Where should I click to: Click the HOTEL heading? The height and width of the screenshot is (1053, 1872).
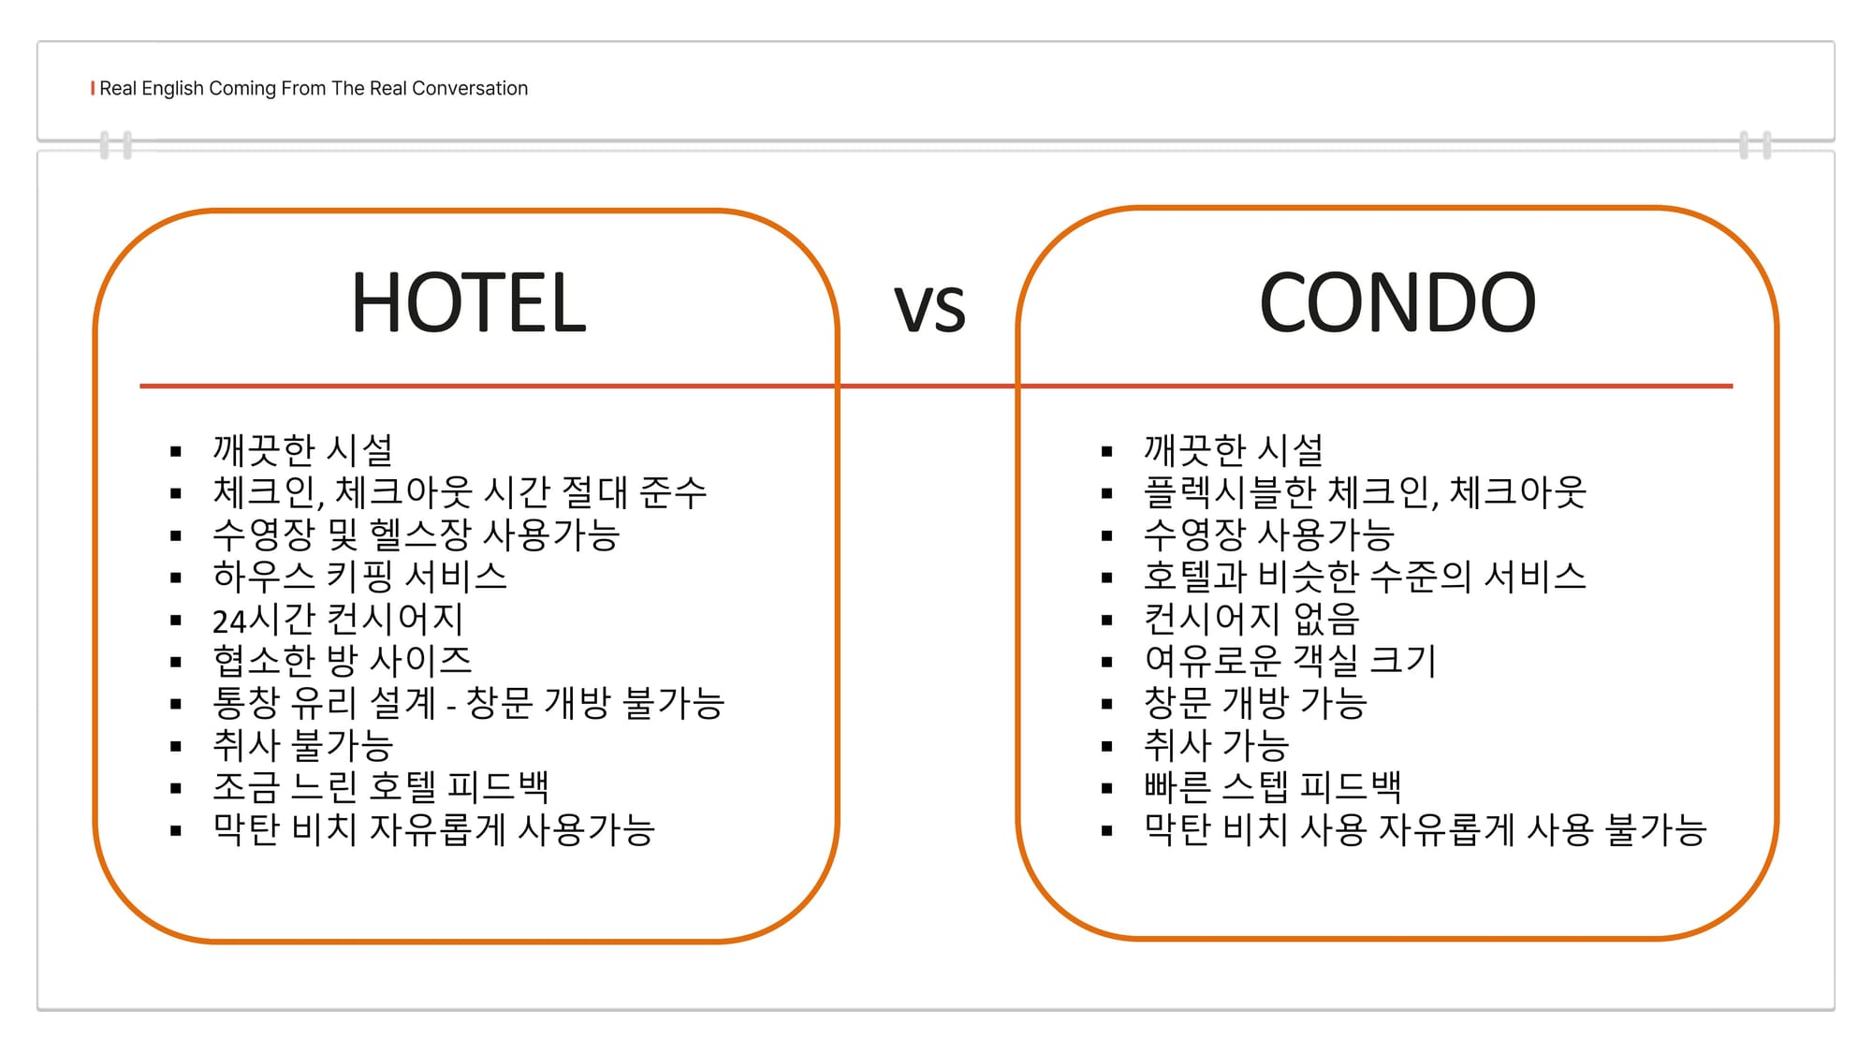[x=468, y=302]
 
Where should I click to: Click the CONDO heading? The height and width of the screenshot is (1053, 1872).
[x=1397, y=302]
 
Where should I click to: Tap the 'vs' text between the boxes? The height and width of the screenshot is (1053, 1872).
[x=929, y=308]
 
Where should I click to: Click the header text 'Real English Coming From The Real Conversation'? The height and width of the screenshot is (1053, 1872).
[x=314, y=88]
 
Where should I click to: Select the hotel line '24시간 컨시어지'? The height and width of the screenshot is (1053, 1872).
[x=338, y=619]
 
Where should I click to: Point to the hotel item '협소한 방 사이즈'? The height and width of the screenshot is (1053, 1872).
[x=343, y=661]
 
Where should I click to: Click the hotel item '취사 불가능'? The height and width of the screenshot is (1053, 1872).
[x=302, y=745]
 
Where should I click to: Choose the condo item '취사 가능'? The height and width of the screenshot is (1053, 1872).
[x=1217, y=745]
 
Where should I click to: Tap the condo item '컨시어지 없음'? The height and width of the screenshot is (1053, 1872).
[x=1251, y=619]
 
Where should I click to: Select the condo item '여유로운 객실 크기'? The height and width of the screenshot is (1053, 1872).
[x=1290, y=661]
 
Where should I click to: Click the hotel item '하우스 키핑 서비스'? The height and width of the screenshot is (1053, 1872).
[x=360, y=577]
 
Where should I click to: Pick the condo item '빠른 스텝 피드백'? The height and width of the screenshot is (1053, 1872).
[x=1273, y=787]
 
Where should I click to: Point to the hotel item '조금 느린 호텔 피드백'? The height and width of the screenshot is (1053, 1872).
[x=381, y=787]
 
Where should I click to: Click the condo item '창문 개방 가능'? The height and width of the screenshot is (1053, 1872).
[x=1255, y=703]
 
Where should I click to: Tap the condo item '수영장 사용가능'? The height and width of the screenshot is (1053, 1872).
[x=1269, y=534]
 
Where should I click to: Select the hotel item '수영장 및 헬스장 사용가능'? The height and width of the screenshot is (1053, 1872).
[x=417, y=534]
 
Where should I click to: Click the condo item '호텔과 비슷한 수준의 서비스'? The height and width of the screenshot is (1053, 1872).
[x=1365, y=577]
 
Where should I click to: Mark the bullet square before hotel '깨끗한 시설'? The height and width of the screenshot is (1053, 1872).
[x=176, y=451]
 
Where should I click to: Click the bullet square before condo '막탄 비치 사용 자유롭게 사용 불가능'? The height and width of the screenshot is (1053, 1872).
[x=1107, y=830]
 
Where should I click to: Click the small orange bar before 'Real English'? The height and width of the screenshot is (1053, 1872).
[x=93, y=88]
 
